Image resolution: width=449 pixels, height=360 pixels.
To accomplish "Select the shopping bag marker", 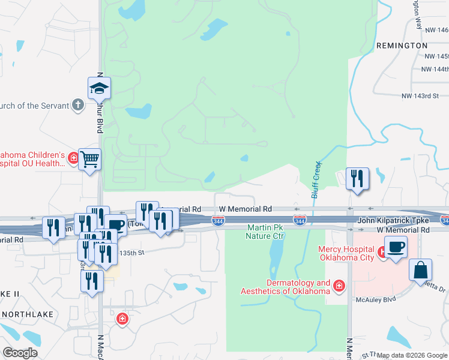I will pos(420,270).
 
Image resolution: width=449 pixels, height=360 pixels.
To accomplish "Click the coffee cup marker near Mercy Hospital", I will pos(395,247).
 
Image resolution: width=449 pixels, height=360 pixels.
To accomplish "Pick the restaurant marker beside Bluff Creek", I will pos(357,178).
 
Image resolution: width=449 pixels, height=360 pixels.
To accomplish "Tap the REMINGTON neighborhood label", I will pos(402,46).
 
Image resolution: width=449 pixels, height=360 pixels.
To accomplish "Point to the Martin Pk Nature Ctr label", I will pos(265,232).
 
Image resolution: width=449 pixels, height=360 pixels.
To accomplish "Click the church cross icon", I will pos(77,106).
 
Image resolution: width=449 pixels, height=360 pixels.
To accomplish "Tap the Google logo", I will pos(20,352).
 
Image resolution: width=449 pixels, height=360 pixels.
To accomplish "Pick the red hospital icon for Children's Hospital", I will pos(73,158).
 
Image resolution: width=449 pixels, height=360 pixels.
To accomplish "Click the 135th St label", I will pos(132,253).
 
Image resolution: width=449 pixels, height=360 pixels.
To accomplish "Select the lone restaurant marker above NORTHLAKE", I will pos(91,281).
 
